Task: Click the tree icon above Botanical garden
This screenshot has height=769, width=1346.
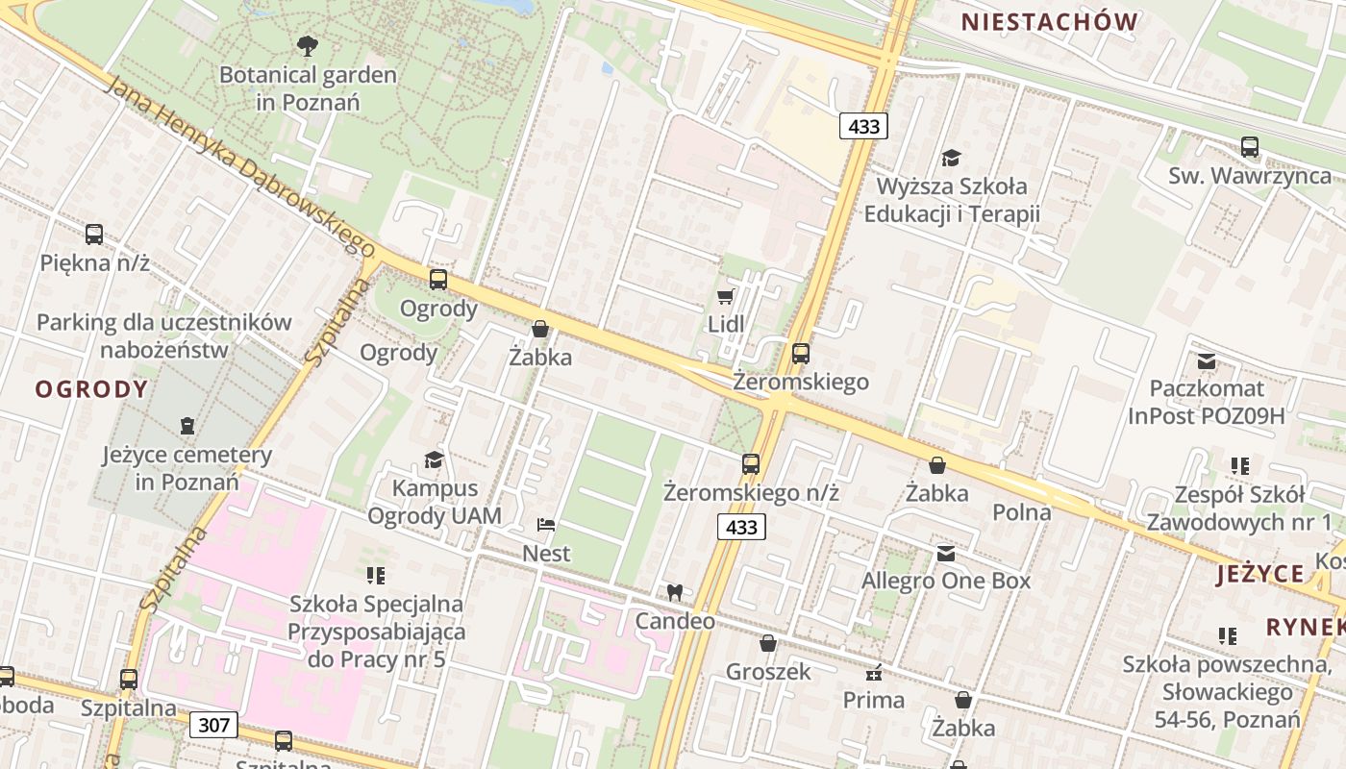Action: click(x=308, y=45)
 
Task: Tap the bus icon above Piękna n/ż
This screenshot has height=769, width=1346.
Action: click(x=94, y=234)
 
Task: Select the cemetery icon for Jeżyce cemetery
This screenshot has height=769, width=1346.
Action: click(x=187, y=425)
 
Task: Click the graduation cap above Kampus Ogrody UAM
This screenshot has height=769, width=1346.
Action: click(x=435, y=459)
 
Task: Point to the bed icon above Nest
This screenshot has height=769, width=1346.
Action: click(x=546, y=525)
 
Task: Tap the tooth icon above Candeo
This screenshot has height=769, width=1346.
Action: click(x=674, y=592)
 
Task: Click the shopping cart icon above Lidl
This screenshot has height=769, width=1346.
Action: click(x=726, y=296)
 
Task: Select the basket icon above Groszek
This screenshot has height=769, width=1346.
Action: click(x=767, y=643)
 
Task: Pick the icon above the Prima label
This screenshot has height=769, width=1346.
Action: click(x=874, y=672)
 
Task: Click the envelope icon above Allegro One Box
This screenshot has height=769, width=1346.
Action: click(x=946, y=553)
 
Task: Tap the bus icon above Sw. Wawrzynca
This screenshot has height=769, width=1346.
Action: click(x=1250, y=147)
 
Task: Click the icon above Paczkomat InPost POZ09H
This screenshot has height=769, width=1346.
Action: click(x=1207, y=361)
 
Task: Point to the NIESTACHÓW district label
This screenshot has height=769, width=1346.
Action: click(x=1050, y=22)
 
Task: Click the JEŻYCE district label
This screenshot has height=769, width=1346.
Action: click(x=1259, y=575)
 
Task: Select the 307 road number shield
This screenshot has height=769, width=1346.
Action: click(x=212, y=724)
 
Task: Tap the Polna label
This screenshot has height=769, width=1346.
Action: click(x=1022, y=511)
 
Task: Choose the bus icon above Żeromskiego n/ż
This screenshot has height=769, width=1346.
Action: click(x=751, y=464)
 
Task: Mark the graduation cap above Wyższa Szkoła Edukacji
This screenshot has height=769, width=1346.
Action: click(x=951, y=158)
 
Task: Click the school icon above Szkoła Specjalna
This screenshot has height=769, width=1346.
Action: click(x=375, y=576)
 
